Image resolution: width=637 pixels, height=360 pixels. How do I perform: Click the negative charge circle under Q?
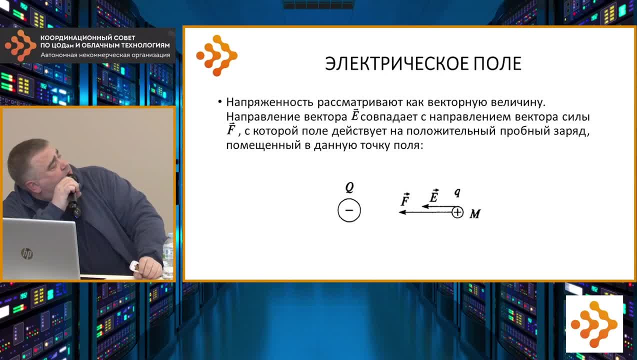(349, 210)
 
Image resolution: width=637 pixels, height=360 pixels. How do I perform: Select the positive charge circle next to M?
(457, 212)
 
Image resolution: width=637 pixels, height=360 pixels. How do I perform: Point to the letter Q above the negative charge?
(349, 187)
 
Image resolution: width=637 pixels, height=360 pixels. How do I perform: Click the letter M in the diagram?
(475, 214)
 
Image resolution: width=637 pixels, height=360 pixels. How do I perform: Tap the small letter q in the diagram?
(457, 192)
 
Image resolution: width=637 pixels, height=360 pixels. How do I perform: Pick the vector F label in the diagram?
(405, 199)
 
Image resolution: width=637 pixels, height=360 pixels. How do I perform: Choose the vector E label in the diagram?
(434, 195)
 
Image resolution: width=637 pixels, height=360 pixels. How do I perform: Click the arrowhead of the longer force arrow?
(402, 212)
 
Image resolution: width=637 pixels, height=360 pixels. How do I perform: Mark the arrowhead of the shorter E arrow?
(425, 206)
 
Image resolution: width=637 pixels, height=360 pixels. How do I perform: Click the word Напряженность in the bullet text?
(269, 102)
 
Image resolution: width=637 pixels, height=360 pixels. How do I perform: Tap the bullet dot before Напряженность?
(220, 102)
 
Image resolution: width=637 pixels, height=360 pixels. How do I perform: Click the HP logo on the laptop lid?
(27, 253)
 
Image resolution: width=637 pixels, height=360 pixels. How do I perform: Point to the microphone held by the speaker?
(73, 199)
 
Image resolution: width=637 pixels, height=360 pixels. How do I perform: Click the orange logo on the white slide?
(216, 55)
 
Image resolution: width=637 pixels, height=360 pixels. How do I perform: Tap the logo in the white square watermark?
(594, 324)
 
